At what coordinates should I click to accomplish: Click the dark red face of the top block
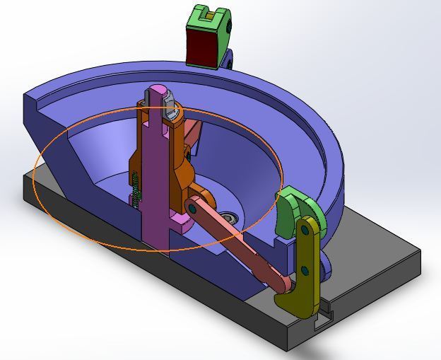[x=201, y=48]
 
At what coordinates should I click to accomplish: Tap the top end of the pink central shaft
[x=157, y=92]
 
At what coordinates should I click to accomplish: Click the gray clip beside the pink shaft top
[x=170, y=107]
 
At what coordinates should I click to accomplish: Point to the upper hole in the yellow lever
[x=305, y=229]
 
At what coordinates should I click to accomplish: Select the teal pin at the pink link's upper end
[x=193, y=207]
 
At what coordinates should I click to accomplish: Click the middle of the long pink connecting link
[x=237, y=243]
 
